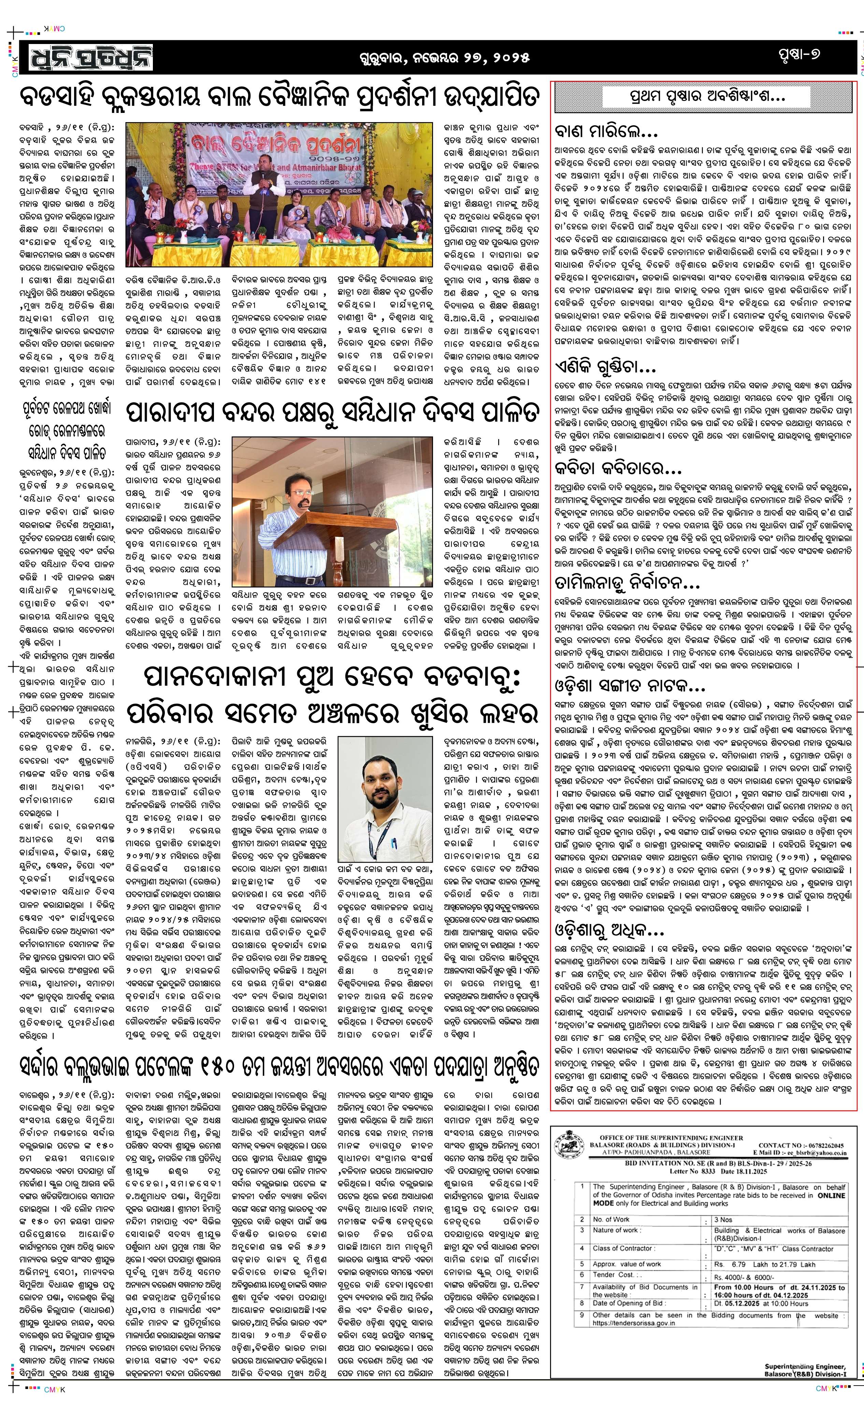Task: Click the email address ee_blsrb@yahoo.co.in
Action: (817, 1153)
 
